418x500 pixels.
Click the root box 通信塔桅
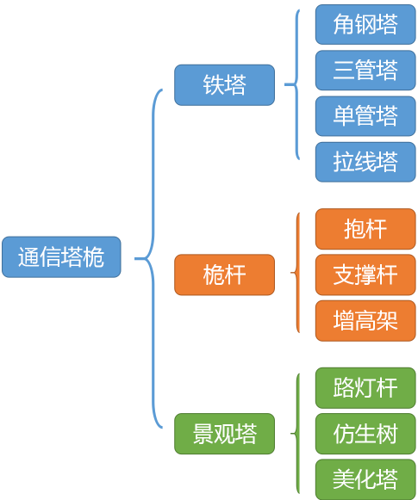pyautogui.click(x=61, y=257)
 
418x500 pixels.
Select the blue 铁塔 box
pyautogui.click(x=224, y=85)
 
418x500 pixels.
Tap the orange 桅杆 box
pyautogui.click(x=224, y=275)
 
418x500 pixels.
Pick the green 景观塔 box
pyautogui.click(x=224, y=434)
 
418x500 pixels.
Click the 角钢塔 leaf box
pyautogui.click(x=365, y=24)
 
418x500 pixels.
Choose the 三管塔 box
pyautogui.click(x=365, y=70)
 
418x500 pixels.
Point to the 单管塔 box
pyautogui.click(x=365, y=115)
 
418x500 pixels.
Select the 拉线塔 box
pyautogui.click(x=365, y=161)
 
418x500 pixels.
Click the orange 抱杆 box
pyautogui.click(x=365, y=229)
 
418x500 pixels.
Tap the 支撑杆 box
pyautogui.click(x=365, y=275)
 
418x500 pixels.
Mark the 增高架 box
pyautogui.click(x=365, y=321)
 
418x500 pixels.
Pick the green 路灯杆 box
pyautogui.click(x=365, y=388)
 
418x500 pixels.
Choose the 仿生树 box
pyautogui.click(x=365, y=434)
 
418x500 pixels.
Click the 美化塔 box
pyautogui.click(x=365, y=479)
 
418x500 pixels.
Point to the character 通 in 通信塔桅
pyautogui.click(x=29, y=257)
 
